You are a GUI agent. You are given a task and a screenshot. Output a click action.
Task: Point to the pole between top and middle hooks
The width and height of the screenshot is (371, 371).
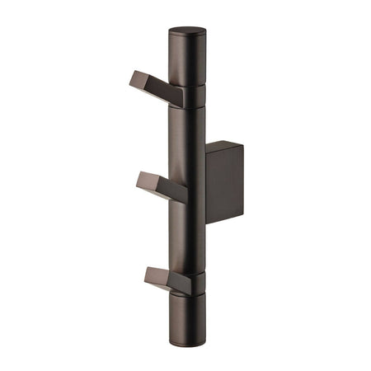(186, 136)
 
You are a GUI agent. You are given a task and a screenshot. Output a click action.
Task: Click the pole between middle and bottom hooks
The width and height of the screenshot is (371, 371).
(186, 235)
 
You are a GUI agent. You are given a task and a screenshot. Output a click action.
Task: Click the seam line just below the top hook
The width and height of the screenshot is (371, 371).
(187, 108)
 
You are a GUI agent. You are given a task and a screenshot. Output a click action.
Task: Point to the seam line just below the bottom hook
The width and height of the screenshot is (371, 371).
(186, 295)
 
